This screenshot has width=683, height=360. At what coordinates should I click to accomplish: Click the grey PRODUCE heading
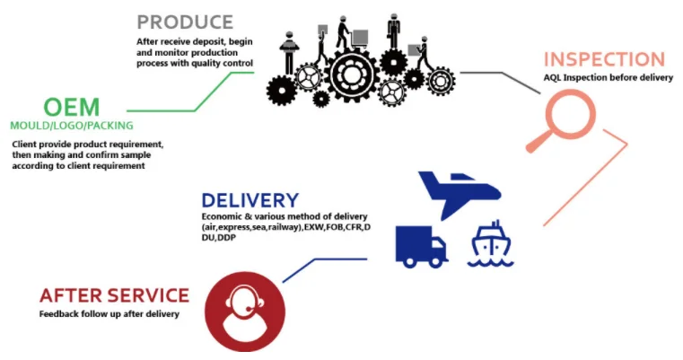point(184,22)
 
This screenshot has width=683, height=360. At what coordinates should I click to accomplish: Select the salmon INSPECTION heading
point(603,60)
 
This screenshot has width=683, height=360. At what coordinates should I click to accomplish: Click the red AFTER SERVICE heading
point(114,294)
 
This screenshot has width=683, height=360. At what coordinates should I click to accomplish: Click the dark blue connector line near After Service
point(323,263)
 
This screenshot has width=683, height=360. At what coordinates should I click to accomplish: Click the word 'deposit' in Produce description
point(209,41)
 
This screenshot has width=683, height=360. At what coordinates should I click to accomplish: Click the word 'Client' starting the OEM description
point(25,144)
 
